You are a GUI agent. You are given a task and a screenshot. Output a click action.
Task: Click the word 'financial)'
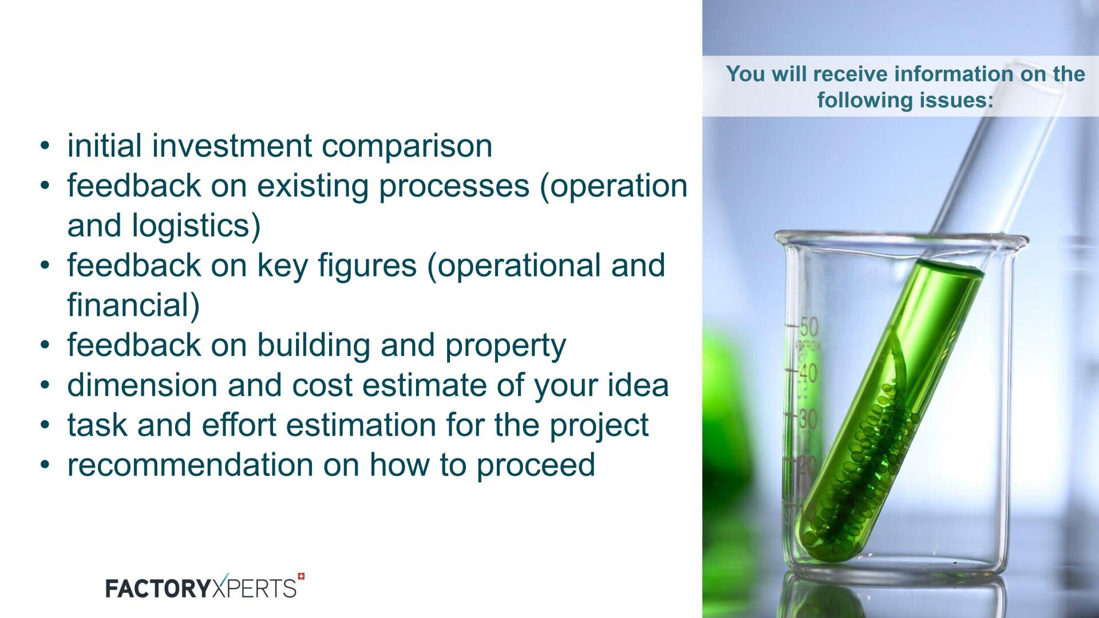[x=133, y=305]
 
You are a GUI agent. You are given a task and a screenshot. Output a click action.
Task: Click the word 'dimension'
[x=141, y=385]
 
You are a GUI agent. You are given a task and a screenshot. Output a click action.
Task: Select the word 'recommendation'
[x=189, y=465]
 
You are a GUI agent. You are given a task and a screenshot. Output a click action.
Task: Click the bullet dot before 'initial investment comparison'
[x=45, y=146]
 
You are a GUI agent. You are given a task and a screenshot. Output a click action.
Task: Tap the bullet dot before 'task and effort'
[x=45, y=425]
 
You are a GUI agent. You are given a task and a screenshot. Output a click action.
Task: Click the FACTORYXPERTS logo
[x=201, y=588]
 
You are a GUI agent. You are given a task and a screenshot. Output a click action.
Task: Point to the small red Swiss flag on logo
[x=301, y=577]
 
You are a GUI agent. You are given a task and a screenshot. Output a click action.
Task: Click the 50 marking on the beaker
[x=809, y=327]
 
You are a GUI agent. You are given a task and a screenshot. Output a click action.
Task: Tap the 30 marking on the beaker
[x=808, y=419]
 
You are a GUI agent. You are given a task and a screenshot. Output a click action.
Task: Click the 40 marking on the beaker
[x=808, y=374]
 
